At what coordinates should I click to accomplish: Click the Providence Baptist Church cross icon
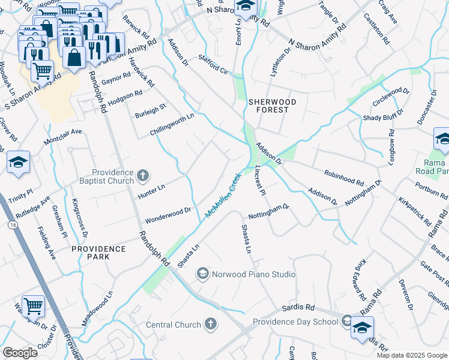142,175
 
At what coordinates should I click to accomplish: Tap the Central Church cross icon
210,325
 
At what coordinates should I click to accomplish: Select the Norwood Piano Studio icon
202,274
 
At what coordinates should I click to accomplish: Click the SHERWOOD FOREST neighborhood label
273,106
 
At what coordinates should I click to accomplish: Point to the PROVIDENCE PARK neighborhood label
99,252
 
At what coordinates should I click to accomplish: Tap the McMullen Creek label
223,196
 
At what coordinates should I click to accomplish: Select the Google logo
20,352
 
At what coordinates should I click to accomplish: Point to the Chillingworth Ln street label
173,124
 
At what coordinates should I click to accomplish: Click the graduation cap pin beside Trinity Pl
19,162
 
